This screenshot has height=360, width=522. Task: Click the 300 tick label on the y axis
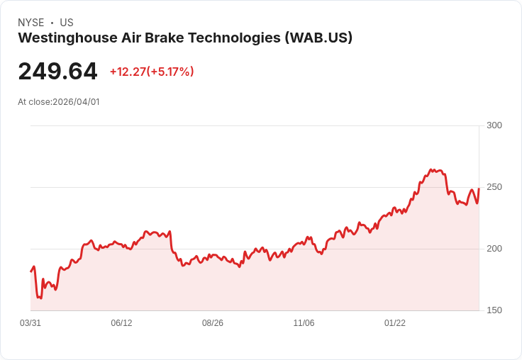(x=494, y=125)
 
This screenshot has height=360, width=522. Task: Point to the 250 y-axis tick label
(x=494, y=187)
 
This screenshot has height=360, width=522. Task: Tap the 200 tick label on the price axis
(x=494, y=249)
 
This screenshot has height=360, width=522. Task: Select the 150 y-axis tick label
(x=494, y=310)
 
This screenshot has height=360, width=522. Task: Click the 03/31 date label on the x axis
(x=30, y=323)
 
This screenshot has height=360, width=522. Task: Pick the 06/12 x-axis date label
(x=121, y=323)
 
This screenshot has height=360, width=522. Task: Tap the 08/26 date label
(x=213, y=323)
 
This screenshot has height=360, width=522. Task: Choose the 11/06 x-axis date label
(x=304, y=323)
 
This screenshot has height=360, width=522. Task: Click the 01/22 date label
(x=395, y=323)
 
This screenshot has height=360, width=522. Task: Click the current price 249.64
(x=57, y=72)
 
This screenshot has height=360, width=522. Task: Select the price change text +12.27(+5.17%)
(x=152, y=72)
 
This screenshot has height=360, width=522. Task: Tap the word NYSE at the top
(x=31, y=23)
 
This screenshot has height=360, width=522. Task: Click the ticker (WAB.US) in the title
(x=318, y=38)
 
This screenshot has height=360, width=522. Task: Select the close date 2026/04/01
(x=76, y=102)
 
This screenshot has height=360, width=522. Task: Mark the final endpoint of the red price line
(x=479, y=189)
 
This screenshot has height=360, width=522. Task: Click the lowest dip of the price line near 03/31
(x=40, y=298)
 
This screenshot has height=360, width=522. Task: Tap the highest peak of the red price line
(x=431, y=169)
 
